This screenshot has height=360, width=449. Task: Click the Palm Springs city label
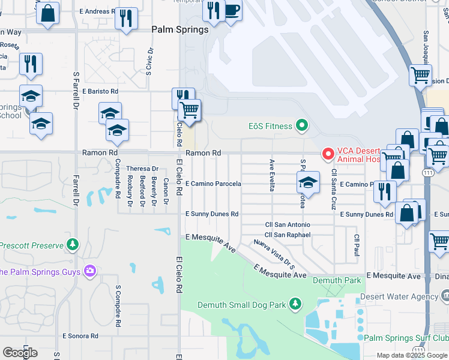tap(180, 29)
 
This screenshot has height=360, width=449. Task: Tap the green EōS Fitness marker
tap(302, 126)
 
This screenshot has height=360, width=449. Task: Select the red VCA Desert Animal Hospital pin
tap(328, 154)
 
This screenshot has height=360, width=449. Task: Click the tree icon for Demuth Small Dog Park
tap(295, 305)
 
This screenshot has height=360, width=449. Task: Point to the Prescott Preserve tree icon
tap(73, 245)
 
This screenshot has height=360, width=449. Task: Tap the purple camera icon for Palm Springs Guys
tap(90, 272)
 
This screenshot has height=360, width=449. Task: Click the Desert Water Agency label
tap(400, 296)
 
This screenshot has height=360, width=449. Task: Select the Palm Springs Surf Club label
tap(406, 338)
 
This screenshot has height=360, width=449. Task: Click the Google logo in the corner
tap(20, 352)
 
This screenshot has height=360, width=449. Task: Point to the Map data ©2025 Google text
tap(411, 355)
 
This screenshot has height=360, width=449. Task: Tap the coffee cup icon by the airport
tap(232, 10)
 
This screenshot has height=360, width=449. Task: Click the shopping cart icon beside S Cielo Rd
tap(190, 110)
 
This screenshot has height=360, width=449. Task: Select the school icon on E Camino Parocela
tap(307, 182)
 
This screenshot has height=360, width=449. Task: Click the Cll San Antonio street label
tap(288, 224)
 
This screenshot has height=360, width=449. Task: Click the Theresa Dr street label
tap(142, 169)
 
